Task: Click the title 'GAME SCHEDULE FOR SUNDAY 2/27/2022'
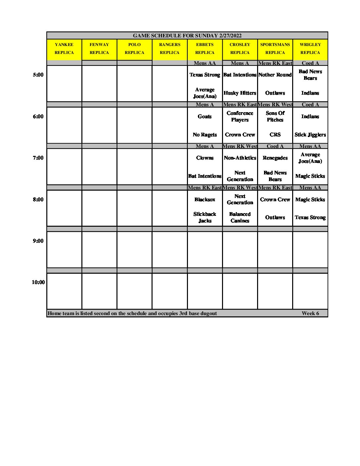point(187,36)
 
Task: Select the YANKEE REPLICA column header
point(64,49)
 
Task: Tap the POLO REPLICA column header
point(134,49)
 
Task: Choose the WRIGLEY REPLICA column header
point(310,49)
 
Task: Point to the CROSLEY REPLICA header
point(240,49)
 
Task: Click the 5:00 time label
point(38,75)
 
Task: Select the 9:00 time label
point(38,241)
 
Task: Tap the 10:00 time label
point(38,282)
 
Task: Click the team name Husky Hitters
point(240,93)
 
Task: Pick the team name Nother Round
point(275,75)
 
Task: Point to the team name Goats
point(204,117)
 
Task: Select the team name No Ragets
point(204,135)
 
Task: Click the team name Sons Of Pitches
point(275,117)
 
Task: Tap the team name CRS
point(275,135)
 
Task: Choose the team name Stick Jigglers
point(310,135)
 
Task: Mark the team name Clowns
point(204,158)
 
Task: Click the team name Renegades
point(275,158)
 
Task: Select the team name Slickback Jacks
point(204,217)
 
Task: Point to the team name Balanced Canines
point(240,217)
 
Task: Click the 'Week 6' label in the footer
point(310,313)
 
